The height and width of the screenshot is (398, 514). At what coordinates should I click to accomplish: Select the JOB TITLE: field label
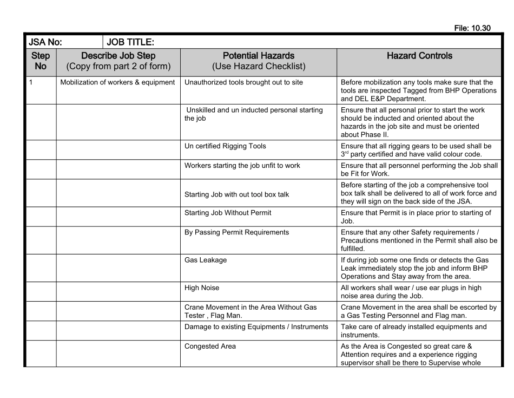(x=131, y=42)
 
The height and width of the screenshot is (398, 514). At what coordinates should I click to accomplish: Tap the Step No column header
(x=41, y=61)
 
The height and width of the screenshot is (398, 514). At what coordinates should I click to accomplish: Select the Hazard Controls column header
(x=419, y=56)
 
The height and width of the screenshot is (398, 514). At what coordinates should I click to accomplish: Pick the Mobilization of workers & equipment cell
(x=117, y=82)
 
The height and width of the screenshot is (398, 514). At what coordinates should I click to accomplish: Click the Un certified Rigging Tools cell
(x=225, y=146)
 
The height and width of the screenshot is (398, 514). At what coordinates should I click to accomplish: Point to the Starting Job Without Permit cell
(x=228, y=213)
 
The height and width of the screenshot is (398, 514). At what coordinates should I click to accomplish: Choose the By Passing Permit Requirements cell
(x=236, y=232)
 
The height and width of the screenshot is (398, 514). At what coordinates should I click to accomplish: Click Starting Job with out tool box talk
(x=236, y=194)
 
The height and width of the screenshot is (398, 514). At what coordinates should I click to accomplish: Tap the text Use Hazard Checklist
(x=259, y=67)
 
